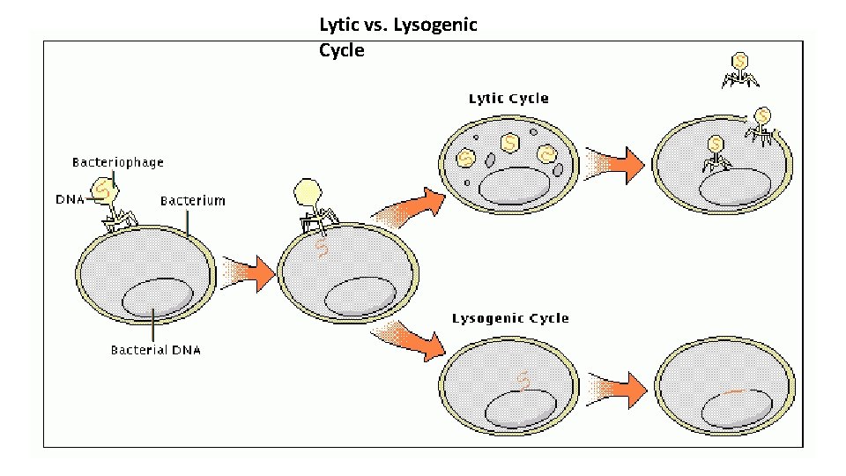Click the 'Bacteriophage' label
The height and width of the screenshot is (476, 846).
click(117, 162)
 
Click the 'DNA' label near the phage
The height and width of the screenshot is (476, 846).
click(70, 199)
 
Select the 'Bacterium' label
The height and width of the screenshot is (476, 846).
click(192, 201)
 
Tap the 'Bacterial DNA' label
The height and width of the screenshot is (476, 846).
click(155, 350)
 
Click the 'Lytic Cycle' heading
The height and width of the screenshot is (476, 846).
click(508, 98)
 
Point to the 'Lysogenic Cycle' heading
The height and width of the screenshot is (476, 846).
click(510, 318)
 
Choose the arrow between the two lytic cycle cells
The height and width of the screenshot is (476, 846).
click(615, 165)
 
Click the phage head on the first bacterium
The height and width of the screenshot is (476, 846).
click(107, 189)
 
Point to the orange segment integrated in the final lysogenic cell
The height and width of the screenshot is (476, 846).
click(736, 390)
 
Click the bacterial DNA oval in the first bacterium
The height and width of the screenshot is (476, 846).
click(156, 299)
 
